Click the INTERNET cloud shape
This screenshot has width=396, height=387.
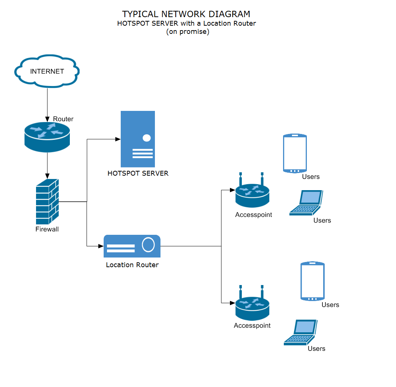click(x=47, y=71)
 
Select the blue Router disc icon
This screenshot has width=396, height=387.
click(x=47, y=137)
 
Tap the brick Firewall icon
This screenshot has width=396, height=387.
click(x=47, y=201)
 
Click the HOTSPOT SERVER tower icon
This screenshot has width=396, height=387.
click(x=138, y=139)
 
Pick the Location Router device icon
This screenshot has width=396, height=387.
click(x=132, y=246)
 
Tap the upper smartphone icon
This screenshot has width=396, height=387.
click(x=295, y=153)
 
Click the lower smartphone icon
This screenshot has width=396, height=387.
click(x=312, y=281)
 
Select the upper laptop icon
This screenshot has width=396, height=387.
click(x=306, y=203)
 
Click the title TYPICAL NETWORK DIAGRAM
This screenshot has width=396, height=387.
click(x=186, y=14)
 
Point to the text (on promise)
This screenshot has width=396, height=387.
click(x=188, y=32)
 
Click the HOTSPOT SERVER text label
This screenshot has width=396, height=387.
click(x=138, y=173)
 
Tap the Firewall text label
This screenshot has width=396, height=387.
click(x=47, y=229)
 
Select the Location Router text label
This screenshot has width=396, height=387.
click(x=132, y=265)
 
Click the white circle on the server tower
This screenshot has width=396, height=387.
click(x=147, y=138)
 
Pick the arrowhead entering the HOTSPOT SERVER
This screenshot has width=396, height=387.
click(x=118, y=139)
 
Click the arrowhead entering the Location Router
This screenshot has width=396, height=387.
click(x=101, y=246)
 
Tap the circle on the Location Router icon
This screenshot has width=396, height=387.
click(x=149, y=245)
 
